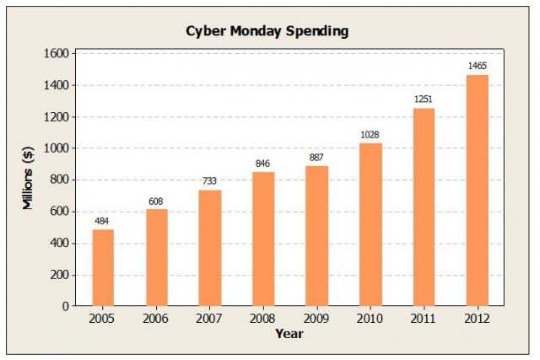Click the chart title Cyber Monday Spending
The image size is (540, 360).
click(267, 31)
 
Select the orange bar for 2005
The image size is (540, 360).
click(103, 267)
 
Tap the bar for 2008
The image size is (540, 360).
click(263, 239)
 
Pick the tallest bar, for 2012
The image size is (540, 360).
click(477, 191)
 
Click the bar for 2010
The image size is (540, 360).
click(370, 224)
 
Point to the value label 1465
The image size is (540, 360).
click(477, 66)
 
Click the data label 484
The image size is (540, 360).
click(103, 221)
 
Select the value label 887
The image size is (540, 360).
click(316, 158)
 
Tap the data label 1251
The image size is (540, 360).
click(424, 99)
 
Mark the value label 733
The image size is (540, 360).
click(210, 181)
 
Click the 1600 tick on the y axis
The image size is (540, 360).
click(57, 53)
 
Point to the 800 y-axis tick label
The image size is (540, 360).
click(59, 180)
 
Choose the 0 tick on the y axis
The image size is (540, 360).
click(65, 306)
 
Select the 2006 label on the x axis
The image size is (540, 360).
click(156, 320)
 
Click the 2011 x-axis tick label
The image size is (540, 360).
click(424, 320)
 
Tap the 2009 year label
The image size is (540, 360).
click(316, 320)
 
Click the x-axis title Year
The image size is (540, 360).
click(289, 334)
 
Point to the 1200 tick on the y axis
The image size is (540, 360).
click(57, 116)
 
